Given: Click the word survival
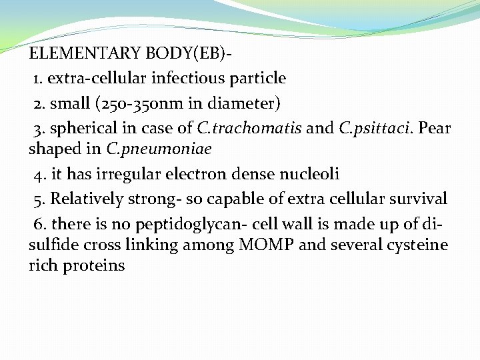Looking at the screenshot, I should coord(420,199).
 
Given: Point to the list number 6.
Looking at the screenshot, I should coord(39,223).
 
